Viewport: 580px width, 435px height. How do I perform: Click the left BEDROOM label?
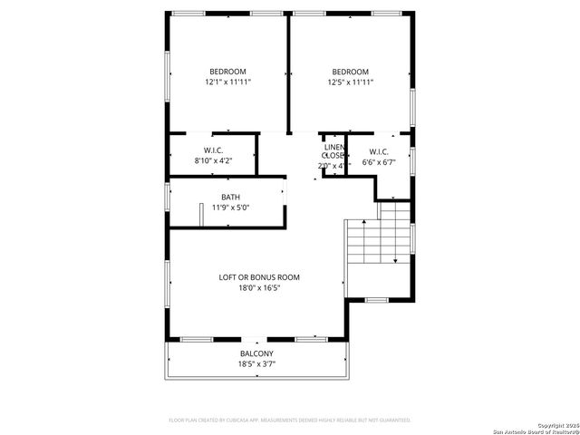click(227, 72)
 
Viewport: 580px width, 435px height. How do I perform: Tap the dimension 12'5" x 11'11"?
click(350, 82)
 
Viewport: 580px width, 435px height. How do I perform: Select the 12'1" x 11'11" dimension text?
click(227, 82)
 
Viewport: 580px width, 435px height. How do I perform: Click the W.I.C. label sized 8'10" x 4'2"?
click(213, 150)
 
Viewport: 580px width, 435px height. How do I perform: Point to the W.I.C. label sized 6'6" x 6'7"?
click(379, 150)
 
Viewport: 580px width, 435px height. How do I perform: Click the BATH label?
click(230, 197)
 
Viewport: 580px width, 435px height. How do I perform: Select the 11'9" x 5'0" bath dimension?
click(230, 208)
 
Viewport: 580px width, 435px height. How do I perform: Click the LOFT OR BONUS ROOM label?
click(259, 277)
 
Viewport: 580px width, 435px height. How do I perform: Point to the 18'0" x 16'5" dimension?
click(259, 288)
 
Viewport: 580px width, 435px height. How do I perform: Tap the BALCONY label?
click(256, 353)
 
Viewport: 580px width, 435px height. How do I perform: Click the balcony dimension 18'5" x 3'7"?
click(256, 364)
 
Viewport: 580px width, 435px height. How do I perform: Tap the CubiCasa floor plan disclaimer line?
click(290, 420)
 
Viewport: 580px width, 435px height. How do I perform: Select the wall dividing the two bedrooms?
click(289, 72)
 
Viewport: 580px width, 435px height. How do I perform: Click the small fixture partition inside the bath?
click(201, 214)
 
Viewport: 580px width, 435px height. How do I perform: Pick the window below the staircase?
click(377, 298)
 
